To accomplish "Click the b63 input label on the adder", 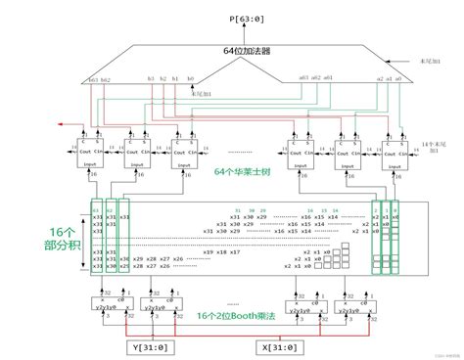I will coord(94,79).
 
